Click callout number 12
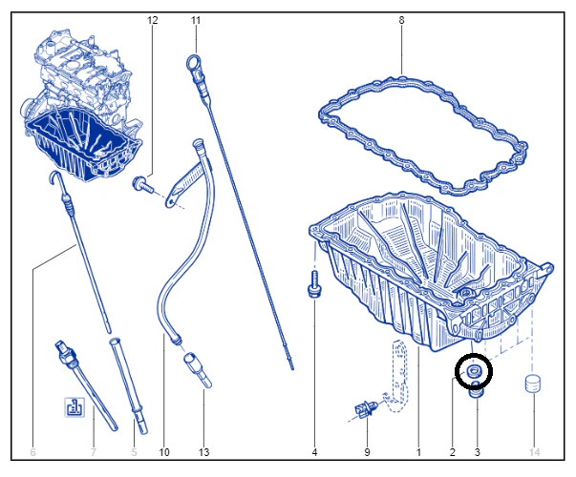153,20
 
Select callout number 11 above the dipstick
196,20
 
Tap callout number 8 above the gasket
401,20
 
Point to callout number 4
314,452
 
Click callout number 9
367,452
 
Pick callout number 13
203,452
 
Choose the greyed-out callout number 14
535,452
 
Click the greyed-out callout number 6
32,452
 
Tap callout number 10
164,452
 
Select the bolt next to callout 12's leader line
143,184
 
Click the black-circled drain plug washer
474,371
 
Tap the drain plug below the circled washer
476,390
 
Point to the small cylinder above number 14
533,384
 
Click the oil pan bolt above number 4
314,284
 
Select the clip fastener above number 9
365,409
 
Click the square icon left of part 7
75,407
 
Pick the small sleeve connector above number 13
198,369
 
